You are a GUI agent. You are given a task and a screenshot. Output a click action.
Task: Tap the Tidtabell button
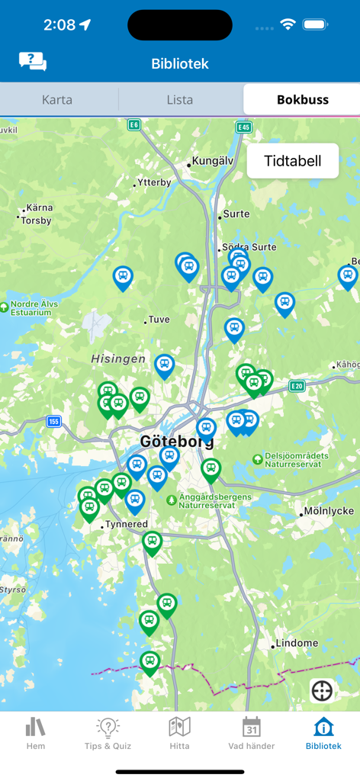292,161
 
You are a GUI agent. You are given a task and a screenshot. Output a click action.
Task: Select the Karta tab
57,99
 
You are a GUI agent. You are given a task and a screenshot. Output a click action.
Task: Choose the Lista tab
180,99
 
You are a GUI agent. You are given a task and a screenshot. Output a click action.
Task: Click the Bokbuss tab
302,99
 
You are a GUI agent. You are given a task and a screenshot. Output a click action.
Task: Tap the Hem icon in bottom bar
36,733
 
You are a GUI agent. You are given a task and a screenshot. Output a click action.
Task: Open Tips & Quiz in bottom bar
108,733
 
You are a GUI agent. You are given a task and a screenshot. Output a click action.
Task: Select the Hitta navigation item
179,733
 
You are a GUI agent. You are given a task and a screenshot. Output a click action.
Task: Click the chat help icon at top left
33,62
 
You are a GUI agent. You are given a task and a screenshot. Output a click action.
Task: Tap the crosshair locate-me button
322,691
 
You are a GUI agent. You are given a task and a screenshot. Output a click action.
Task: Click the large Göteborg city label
177,442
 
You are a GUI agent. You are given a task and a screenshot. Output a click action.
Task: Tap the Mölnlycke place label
328,511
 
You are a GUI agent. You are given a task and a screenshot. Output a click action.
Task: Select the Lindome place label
297,643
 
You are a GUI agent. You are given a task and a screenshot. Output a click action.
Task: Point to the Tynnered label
127,525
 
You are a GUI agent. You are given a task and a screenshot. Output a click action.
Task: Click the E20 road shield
297,386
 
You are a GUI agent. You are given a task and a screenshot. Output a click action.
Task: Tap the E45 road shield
244,127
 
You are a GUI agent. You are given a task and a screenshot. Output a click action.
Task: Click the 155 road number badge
53,421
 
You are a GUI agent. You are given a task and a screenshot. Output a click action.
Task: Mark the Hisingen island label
118,358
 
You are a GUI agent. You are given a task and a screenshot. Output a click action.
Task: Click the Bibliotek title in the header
180,64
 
